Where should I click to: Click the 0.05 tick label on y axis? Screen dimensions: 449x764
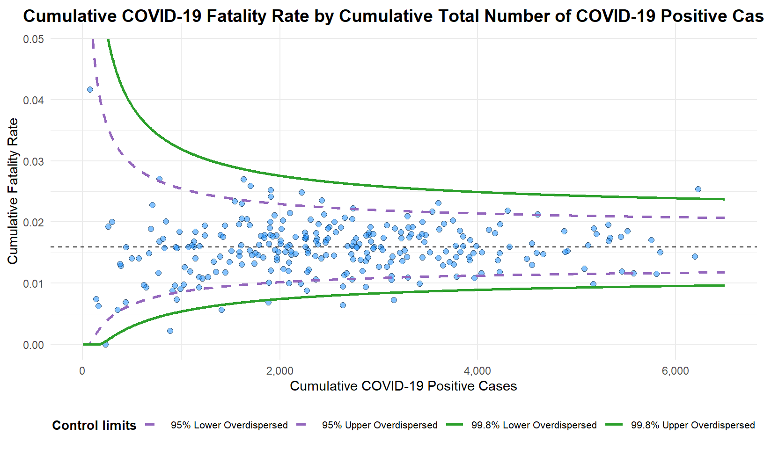pos(34,39)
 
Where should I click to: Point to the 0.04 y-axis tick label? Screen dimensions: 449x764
pos(34,100)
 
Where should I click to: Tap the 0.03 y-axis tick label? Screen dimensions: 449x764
pos(34,161)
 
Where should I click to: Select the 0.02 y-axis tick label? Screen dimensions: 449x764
pos(34,222)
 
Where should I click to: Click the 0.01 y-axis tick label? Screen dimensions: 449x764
pos(34,283)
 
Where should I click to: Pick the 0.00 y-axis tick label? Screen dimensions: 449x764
pos(34,345)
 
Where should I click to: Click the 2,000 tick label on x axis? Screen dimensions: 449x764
pos(280,371)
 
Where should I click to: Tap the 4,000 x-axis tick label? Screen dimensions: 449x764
pos(477,371)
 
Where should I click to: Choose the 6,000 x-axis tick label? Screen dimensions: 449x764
pos(676,371)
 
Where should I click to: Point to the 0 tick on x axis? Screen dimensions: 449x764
pos(82,371)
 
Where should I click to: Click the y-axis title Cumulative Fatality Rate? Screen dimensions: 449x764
pos(13,191)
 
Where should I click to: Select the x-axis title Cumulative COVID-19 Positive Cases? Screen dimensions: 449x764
pos(403,386)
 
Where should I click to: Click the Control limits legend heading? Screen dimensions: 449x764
pos(94,425)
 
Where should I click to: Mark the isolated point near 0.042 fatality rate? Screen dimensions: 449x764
pos(90,89)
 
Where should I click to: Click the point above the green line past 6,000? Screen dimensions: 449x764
pos(698,189)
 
